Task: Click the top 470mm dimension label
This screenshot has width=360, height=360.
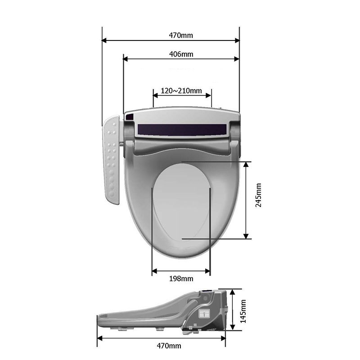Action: (181, 36)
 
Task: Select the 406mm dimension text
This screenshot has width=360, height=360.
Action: (181, 54)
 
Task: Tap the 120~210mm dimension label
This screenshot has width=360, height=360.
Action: (181, 91)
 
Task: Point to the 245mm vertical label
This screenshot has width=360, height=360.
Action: (258, 195)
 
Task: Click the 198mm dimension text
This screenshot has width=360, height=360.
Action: (181, 279)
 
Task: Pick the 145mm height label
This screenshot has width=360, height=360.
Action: (243, 311)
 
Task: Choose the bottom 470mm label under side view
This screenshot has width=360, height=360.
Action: (169, 346)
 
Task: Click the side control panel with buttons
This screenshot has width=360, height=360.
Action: (111, 160)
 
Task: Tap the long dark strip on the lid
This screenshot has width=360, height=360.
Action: (182, 130)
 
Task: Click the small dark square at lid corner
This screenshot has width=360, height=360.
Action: (130, 117)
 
